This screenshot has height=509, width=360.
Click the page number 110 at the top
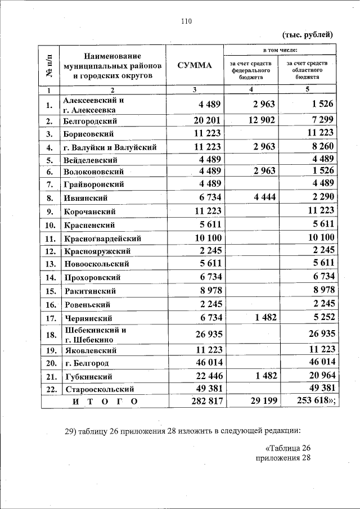[186, 21]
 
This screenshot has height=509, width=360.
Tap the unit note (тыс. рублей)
[307, 35]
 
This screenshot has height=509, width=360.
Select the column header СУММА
[195, 65]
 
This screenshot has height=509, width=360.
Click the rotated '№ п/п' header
[49, 65]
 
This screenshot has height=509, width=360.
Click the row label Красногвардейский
[102, 238]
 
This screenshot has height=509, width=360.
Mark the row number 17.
[50, 318]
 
